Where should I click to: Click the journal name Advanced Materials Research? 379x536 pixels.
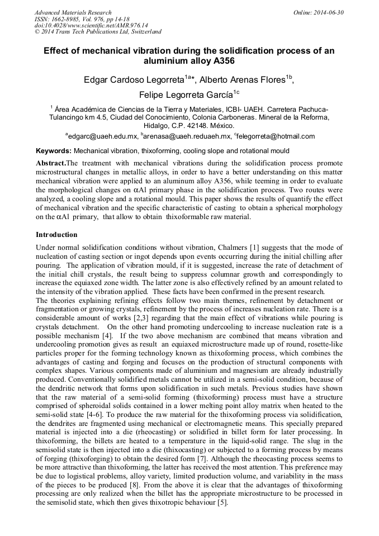[x=73, y=12]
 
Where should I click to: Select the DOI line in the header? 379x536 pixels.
[x=91, y=26]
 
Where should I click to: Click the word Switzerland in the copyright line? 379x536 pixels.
[x=144, y=32]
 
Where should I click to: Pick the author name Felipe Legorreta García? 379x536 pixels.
[x=186, y=94]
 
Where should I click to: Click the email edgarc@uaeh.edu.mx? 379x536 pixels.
[x=103, y=136]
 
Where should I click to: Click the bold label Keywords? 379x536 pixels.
[x=54, y=151]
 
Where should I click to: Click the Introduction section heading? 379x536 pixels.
[x=56, y=234]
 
